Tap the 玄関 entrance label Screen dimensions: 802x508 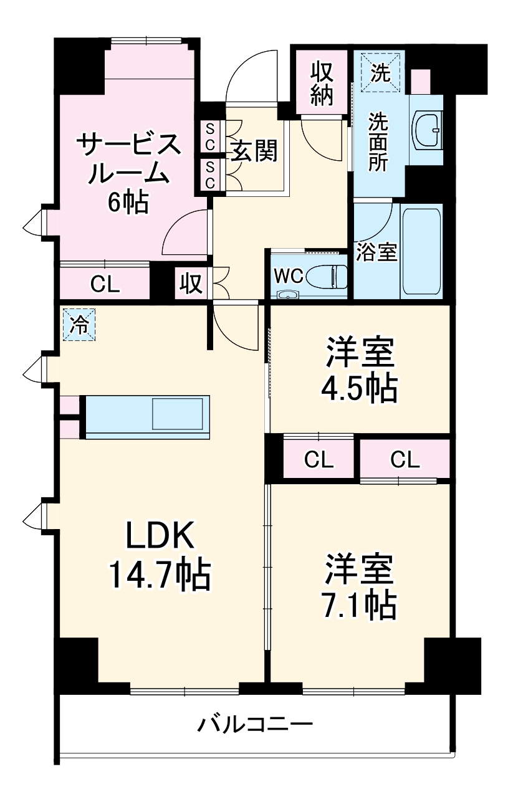pos(254,150)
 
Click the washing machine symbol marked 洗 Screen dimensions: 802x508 pos(380,73)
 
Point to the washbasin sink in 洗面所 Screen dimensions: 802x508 pos(428,128)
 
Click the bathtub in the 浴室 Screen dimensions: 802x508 pos(422,252)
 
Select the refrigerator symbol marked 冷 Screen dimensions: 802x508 pos(79,325)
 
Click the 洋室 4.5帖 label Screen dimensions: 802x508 pos(358,370)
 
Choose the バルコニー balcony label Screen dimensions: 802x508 pos(255,725)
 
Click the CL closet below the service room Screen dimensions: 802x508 pos(104,284)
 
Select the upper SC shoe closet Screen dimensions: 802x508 pos(210,136)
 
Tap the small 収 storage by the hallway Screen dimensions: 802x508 pos(191,284)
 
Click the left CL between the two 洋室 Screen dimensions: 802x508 pos(319,461)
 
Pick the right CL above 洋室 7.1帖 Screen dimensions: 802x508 pos(405,460)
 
